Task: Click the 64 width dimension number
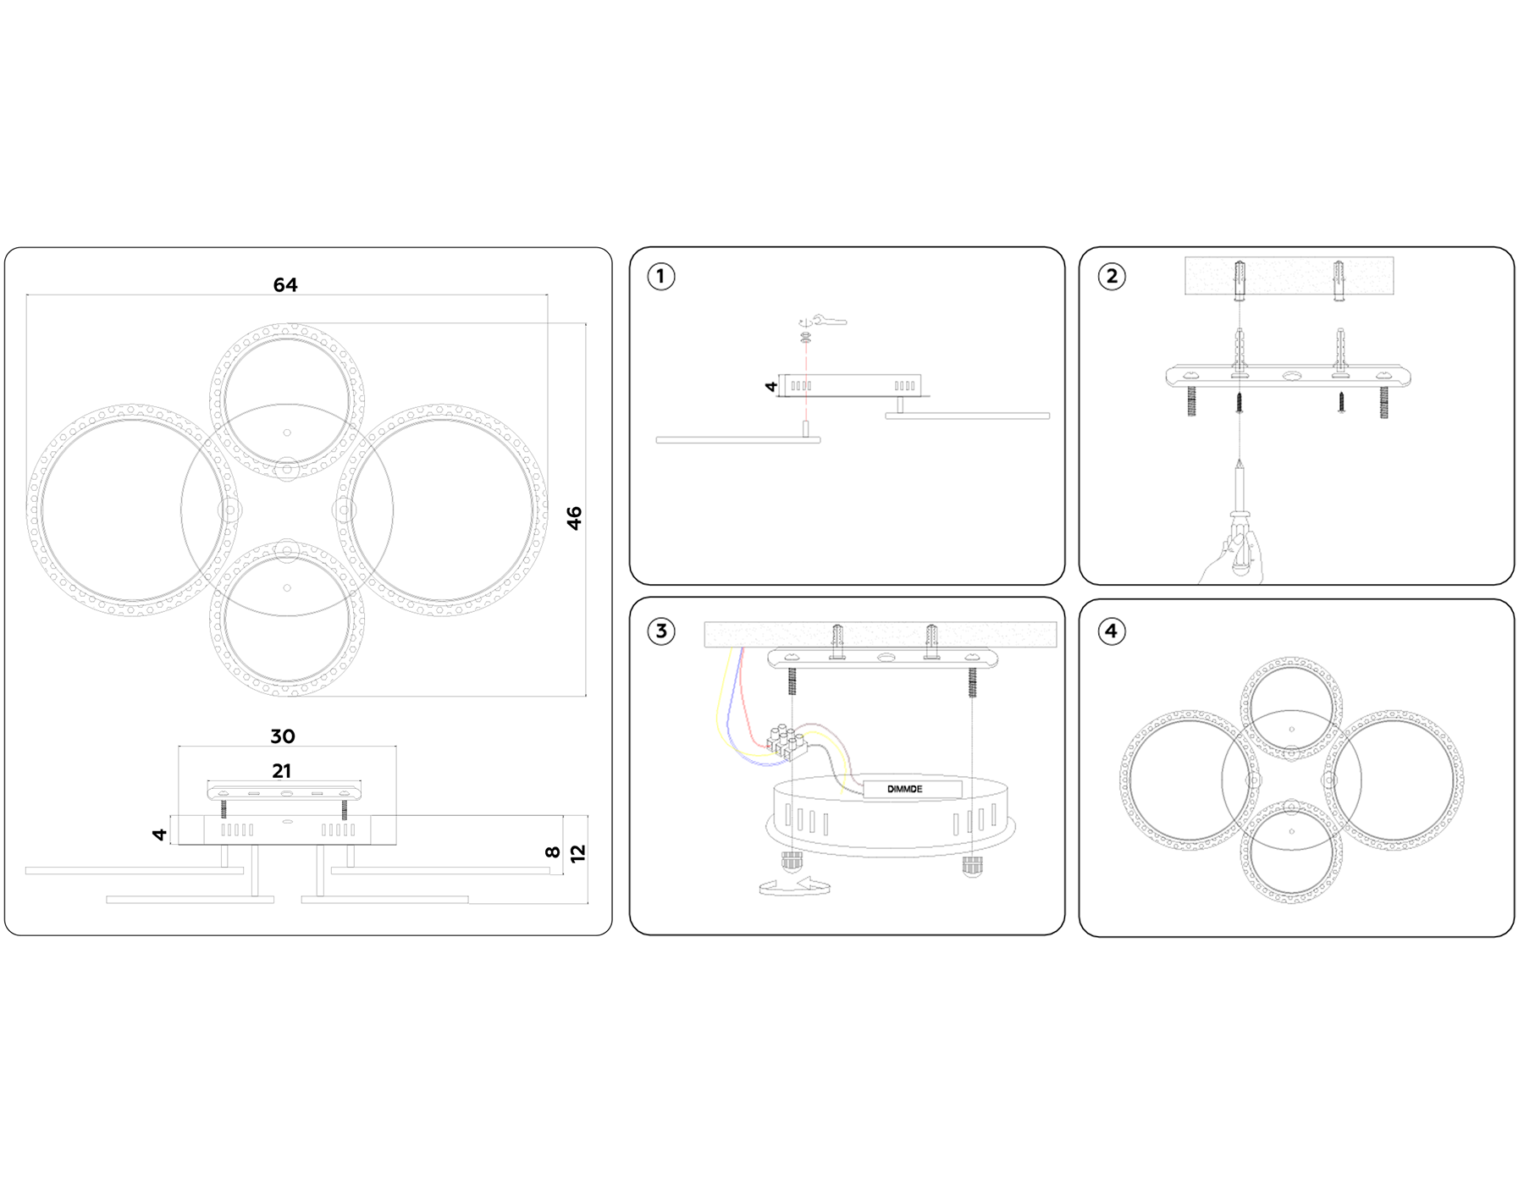pos(285,285)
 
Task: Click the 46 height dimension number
pos(575,518)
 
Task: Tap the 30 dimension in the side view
pos(283,736)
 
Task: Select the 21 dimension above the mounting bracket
pos(282,771)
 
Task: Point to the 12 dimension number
pos(578,854)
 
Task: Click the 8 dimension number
pos(553,852)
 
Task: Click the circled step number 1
pos(661,277)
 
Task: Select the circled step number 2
pos(1112,277)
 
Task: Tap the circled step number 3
pos(661,631)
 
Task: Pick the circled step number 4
pos(1112,631)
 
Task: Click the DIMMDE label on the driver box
pos(905,789)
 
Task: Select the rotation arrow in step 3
pos(794,886)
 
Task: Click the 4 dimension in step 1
pos(771,387)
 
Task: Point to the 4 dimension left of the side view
pos(159,835)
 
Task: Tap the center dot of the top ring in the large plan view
pos(287,433)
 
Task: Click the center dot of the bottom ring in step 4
pos(1291,831)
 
